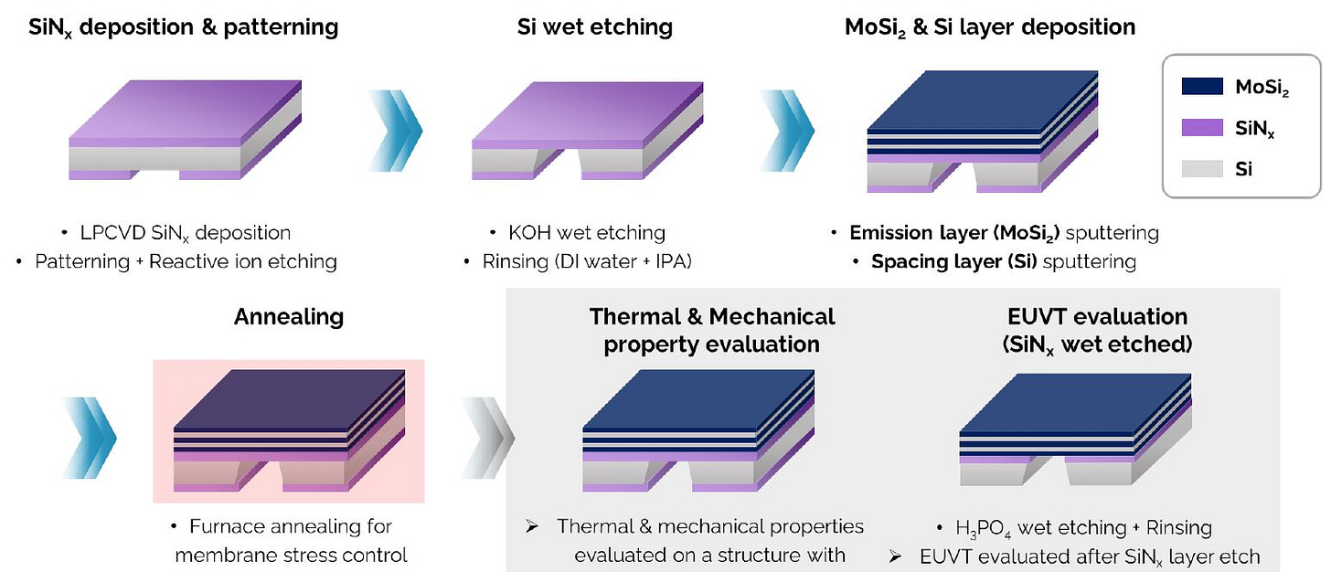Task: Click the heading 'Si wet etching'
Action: point(595,27)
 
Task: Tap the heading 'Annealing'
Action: point(289,317)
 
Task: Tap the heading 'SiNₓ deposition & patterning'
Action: point(172,27)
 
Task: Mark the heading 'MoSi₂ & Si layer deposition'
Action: point(990,27)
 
